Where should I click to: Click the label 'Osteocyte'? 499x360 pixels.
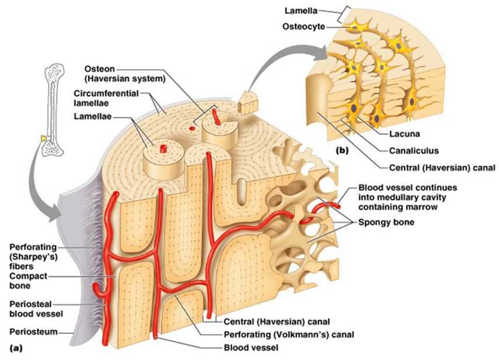click(x=303, y=26)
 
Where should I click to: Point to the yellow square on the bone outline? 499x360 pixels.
click(x=43, y=138)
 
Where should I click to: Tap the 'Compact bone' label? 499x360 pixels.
click(x=28, y=281)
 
